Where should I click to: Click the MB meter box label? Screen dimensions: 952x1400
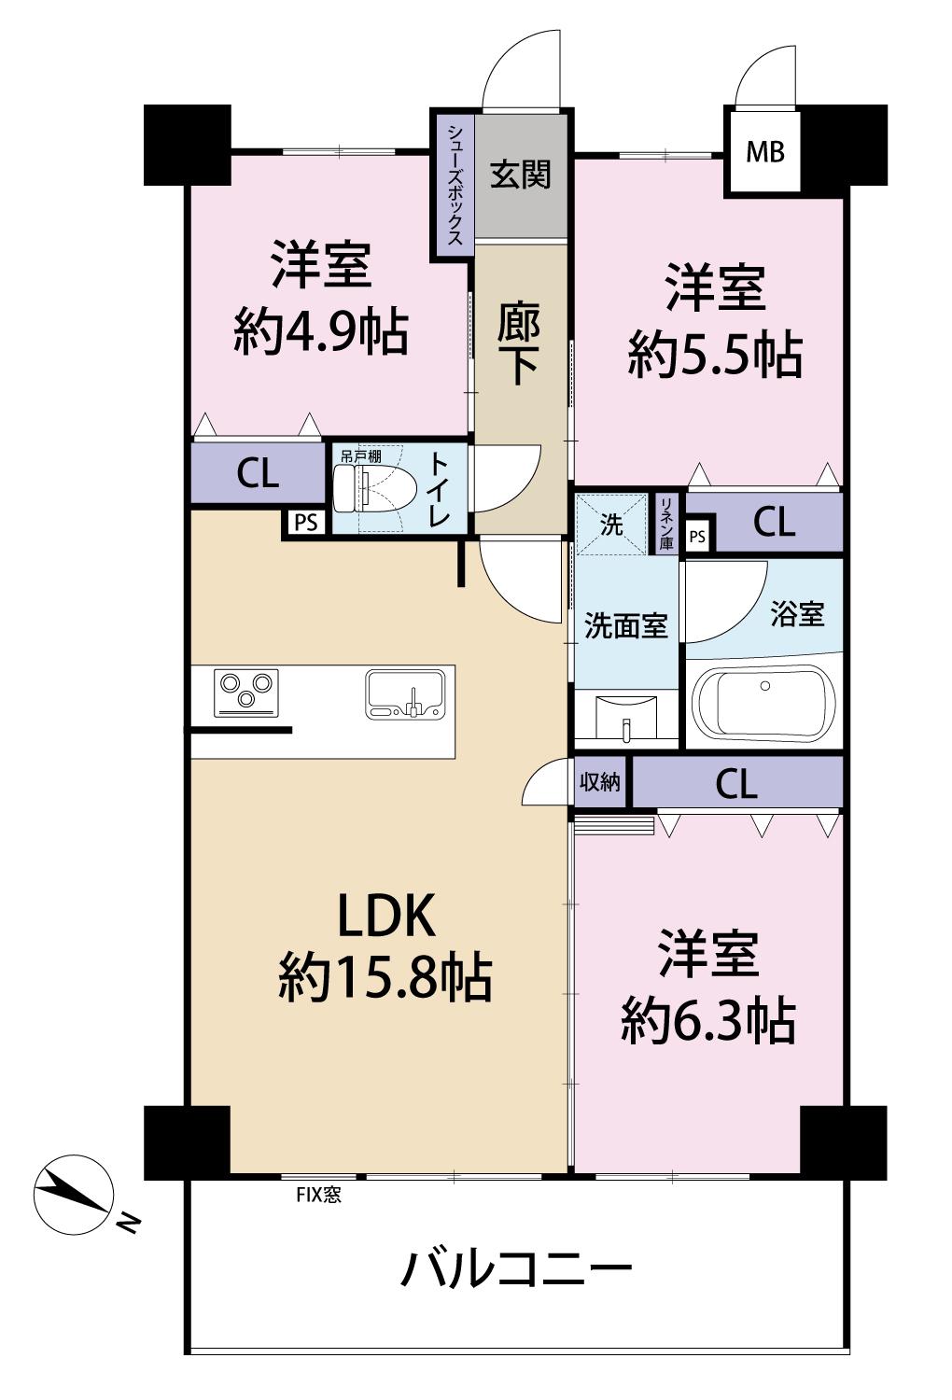[x=765, y=152]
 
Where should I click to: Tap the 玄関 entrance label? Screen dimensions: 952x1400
[x=520, y=175]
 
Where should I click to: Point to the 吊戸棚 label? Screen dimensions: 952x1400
[x=360, y=455]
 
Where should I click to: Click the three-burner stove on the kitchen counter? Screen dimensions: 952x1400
[x=245, y=693]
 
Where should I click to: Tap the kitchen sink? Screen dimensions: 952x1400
[x=406, y=693]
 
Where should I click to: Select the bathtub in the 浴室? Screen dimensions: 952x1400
[x=763, y=704]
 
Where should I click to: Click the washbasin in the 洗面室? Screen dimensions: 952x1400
[x=625, y=718]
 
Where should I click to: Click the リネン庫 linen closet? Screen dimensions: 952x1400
[x=666, y=524]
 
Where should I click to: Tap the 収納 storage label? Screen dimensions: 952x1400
[x=600, y=781]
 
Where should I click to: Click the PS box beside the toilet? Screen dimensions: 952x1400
[x=305, y=523]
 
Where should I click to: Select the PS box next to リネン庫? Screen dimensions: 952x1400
[x=698, y=537]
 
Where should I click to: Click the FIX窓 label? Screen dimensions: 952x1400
[x=319, y=1196]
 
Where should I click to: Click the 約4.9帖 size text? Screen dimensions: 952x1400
[x=321, y=332]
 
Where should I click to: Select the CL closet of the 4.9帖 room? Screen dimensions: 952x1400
[x=258, y=472]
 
